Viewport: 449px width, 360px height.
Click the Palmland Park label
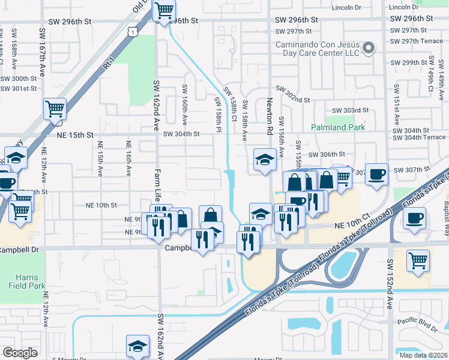click(338, 128)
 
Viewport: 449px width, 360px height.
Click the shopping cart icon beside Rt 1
click(55, 109)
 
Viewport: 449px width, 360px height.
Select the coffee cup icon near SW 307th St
click(376, 174)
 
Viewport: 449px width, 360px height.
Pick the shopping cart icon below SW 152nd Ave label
click(418, 260)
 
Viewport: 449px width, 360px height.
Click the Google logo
click(20, 353)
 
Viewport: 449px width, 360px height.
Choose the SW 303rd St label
click(350, 110)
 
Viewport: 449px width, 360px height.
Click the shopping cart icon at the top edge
click(164, 10)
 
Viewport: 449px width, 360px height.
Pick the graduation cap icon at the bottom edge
click(137, 346)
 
